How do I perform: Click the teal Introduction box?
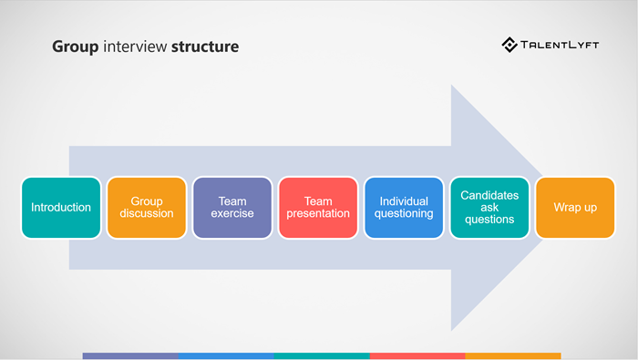tap(61, 208)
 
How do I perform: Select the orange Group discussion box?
tap(146, 208)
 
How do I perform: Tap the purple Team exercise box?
tap(232, 208)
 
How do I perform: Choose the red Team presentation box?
tap(317, 208)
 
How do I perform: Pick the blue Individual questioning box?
tap(403, 208)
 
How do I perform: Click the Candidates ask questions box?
tap(489, 208)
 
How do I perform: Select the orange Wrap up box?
tap(575, 208)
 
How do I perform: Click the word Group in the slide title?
tap(73, 46)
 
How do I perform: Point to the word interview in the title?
tap(133, 46)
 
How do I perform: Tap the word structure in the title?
tap(205, 46)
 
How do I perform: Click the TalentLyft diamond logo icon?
tap(509, 45)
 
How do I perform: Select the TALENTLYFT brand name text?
tap(560, 45)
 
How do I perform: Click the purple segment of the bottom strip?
tap(129, 355)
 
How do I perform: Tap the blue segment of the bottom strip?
tap(226, 355)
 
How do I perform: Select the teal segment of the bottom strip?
tap(322, 355)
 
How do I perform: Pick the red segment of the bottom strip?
tap(417, 355)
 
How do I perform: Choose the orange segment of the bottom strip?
tap(513, 355)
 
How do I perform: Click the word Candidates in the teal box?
tap(489, 195)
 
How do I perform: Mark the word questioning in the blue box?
tap(403, 214)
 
